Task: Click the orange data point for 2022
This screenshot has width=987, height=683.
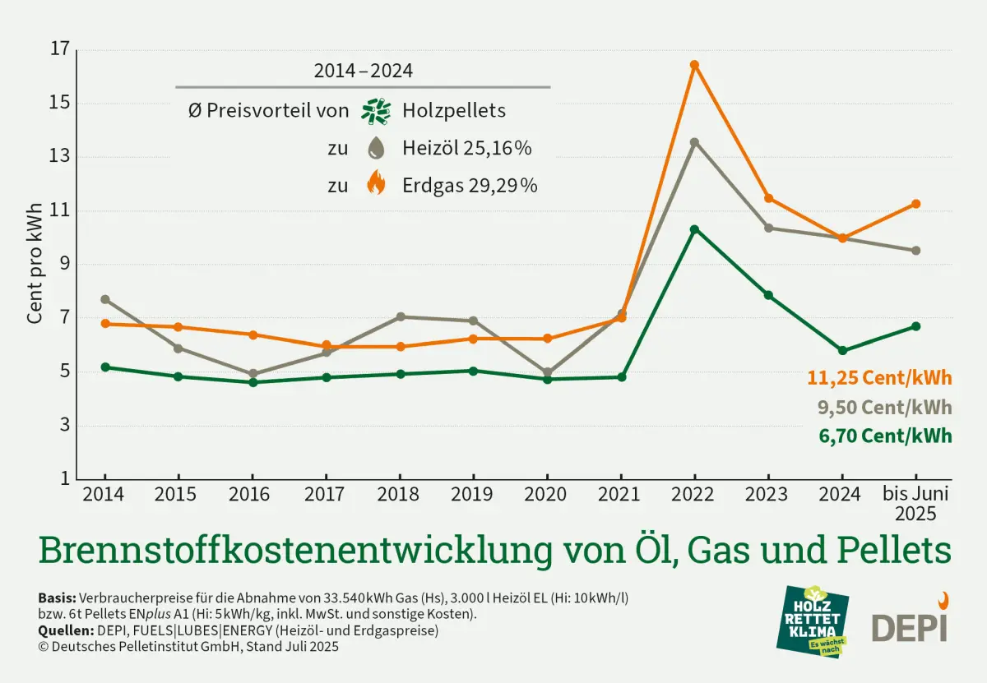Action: (x=694, y=65)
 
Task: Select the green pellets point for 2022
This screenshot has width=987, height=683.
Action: (x=694, y=229)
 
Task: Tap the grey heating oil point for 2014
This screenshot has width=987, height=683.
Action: (x=105, y=299)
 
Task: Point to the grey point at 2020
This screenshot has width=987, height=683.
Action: (x=547, y=372)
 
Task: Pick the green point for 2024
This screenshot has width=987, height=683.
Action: (x=842, y=350)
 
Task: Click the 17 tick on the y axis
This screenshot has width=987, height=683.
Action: (x=60, y=49)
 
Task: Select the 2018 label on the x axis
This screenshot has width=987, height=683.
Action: (x=400, y=495)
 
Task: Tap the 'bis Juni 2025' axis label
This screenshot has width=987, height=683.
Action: (x=915, y=504)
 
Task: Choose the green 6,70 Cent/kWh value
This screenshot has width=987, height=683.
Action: (x=885, y=436)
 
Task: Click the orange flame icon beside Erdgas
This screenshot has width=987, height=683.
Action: (x=376, y=184)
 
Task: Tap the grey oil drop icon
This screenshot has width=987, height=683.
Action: (x=376, y=148)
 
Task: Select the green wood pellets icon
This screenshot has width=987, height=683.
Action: (x=376, y=111)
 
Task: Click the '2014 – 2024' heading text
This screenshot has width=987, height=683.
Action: (x=363, y=71)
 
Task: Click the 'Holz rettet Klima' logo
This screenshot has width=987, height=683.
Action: (x=813, y=621)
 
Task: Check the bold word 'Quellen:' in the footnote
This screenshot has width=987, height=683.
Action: (x=64, y=631)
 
